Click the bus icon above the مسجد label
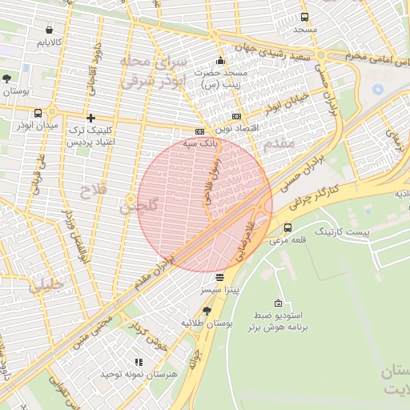(x=303, y=17)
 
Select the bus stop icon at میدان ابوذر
(x=38, y=113)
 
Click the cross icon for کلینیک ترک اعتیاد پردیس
(x=90, y=117)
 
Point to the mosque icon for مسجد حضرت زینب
(x=220, y=61)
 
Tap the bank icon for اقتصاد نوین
(x=235, y=116)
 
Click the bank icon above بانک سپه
(x=199, y=131)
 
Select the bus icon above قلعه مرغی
(x=287, y=227)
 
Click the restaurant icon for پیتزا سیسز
(x=219, y=276)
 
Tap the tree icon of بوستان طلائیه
(x=207, y=310)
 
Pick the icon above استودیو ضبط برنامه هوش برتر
(x=277, y=303)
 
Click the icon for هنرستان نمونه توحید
(x=139, y=363)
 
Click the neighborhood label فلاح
(x=91, y=191)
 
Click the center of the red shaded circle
(x=205, y=204)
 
